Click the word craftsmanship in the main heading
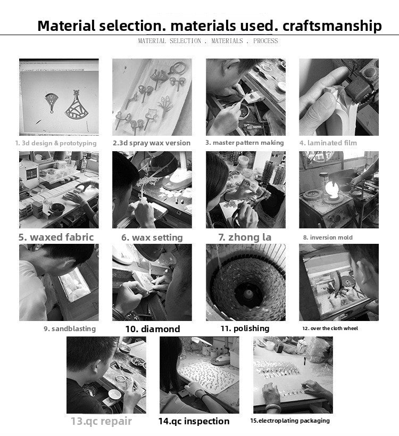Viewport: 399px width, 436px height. point(332,26)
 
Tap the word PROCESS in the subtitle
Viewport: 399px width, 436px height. point(265,41)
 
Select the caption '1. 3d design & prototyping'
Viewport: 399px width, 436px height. point(56,143)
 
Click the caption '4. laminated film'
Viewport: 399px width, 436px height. point(328,143)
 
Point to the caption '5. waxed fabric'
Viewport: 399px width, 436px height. point(56,237)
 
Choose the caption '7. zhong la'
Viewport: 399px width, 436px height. point(245,237)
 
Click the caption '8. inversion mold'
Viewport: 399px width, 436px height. point(328,237)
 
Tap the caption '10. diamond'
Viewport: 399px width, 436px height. point(153,329)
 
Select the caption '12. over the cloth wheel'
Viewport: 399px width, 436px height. point(330,328)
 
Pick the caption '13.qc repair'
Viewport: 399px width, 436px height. point(102,421)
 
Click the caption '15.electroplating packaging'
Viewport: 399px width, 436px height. point(290,421)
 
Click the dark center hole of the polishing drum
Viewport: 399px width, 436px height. point(248,294)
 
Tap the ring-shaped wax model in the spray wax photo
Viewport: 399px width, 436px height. point(177,68)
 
